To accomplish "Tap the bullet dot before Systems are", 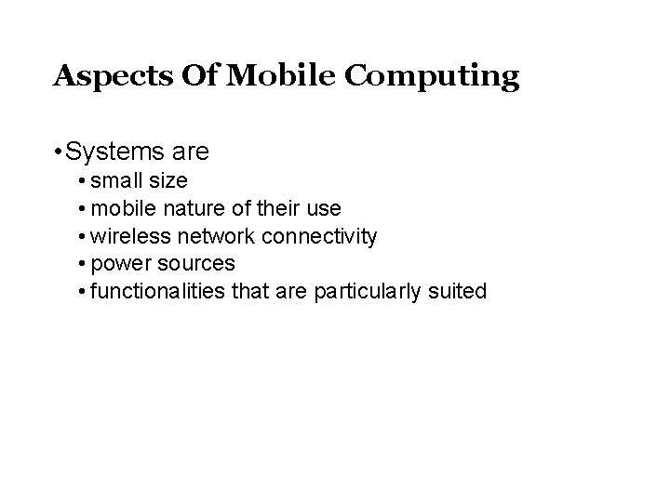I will [x=58, y=151].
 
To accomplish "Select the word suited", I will [x=459, y=292].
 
